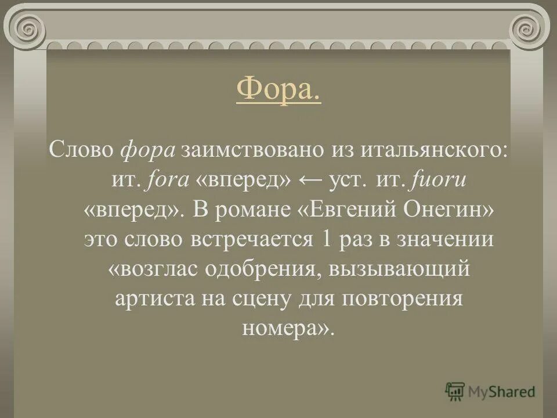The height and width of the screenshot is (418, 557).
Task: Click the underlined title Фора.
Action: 278,91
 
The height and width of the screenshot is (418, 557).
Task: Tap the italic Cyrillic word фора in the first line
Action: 147,149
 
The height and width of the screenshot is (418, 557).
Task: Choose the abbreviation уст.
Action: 349,181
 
